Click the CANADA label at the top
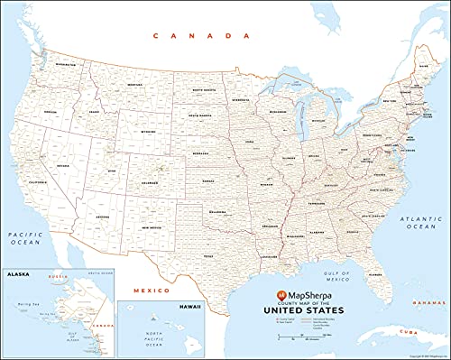point(202,36)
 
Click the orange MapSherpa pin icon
point(281,294)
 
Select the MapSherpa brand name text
point(316,294)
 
